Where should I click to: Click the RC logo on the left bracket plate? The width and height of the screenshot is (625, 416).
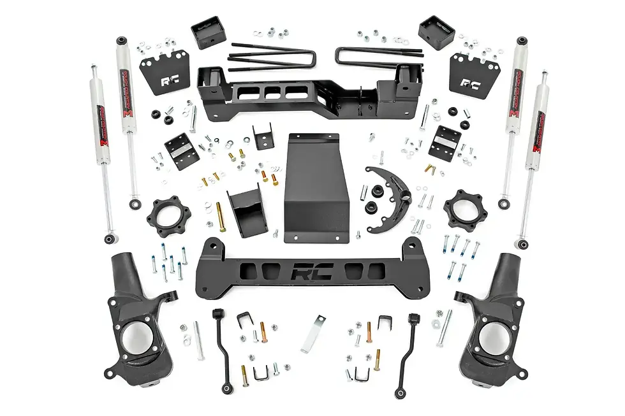pyautogui.click(x=169, y=82)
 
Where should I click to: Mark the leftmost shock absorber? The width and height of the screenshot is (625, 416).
pyautogui.click(x=102, y=153)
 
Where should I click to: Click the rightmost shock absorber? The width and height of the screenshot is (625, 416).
pyautogui.click(x=534, y=159)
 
